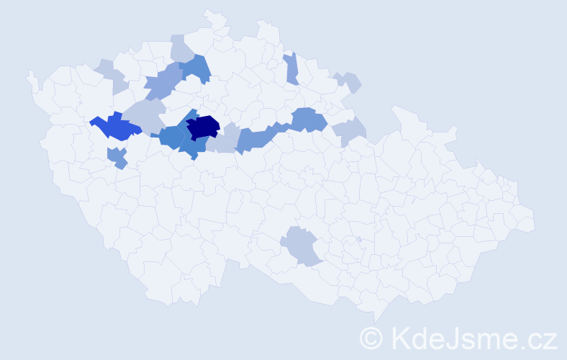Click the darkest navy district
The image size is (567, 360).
203,126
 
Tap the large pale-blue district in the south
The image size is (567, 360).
301,245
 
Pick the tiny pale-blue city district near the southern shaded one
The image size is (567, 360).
358,240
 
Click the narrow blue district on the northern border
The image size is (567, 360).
291,69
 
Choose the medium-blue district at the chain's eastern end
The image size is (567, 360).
308,119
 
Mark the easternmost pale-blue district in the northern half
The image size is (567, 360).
350,131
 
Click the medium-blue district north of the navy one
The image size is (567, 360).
195,69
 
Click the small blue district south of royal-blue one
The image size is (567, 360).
117,157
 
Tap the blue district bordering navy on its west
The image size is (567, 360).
173,135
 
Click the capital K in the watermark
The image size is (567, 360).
401,338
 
